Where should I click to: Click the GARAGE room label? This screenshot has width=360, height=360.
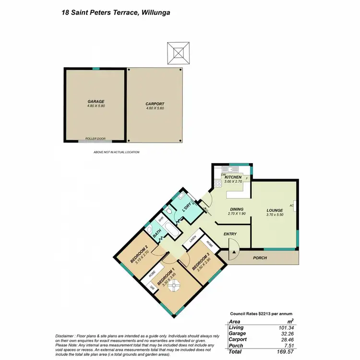coord(96,101)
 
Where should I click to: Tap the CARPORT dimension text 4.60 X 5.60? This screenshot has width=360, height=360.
coord(155,108)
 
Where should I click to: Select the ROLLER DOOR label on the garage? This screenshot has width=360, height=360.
coord(95,138)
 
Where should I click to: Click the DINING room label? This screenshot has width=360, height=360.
coord(237,209)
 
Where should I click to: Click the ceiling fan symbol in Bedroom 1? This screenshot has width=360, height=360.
coord(170,284)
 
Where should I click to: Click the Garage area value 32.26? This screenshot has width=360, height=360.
coord(286,334)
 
